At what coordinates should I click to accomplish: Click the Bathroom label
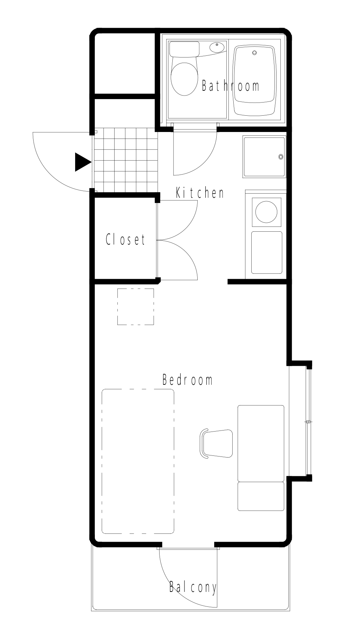230,86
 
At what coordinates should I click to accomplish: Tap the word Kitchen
200,193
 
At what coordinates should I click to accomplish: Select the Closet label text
125,239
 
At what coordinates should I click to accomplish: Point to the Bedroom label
187,380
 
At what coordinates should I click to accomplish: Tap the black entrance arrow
82,162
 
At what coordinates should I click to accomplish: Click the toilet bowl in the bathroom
183,79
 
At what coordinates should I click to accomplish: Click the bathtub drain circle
255,53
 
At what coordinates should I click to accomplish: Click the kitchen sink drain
281,157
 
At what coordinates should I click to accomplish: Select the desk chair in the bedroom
217,443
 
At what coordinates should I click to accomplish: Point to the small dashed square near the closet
135,307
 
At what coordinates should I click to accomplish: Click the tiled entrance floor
125,160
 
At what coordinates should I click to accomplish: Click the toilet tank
184,49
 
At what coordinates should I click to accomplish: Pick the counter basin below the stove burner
266,252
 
